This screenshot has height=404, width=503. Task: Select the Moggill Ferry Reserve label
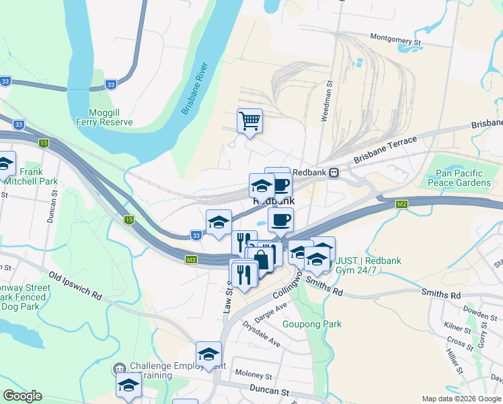[x=110, y=117]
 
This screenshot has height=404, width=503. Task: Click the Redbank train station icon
[x=333, y=172]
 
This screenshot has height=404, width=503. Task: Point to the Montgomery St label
[x=395, y=42]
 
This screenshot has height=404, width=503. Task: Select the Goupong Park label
[x=317, y=324]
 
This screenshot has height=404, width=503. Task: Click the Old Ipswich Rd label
[x=75, y=285]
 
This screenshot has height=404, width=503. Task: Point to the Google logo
[x=22, y=396]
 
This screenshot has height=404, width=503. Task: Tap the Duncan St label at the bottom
[x=266, y=391]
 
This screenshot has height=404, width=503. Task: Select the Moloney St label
[x=253, y=374]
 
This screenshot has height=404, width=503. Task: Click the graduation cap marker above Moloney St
[x=208, y=354]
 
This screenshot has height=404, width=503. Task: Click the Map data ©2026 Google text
[x=461, y=399]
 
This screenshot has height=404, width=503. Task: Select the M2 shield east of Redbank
[x=402, y=203]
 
